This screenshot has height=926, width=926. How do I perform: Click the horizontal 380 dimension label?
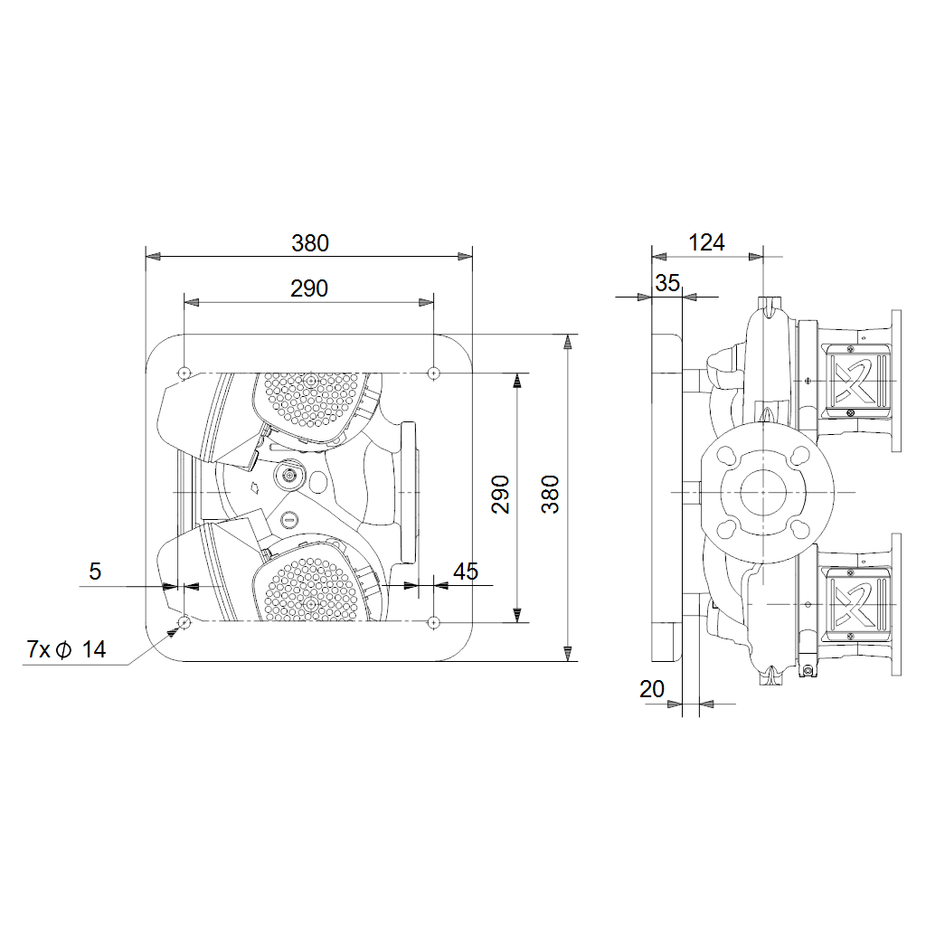[310, 243]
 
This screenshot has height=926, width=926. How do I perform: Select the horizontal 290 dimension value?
[309, 288]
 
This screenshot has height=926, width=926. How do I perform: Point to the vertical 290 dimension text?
[500, 495]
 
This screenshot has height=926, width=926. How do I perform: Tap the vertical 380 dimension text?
[550, 495]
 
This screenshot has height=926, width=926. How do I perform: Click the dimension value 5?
[95, 572]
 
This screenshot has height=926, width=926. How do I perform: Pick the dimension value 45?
[466, 572]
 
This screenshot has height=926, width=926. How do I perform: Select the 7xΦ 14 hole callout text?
[66, 649]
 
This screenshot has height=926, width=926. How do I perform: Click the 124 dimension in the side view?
[706, 242]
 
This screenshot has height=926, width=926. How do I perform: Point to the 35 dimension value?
[667, 283]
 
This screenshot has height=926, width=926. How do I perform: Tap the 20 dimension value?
[652, 688]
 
